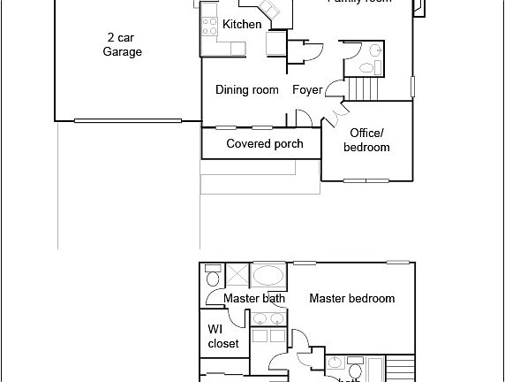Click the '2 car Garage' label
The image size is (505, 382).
[122, 44]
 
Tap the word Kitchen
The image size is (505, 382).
[241, 25]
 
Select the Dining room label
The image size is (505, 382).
[247, 89]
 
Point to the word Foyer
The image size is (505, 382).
[307, 89]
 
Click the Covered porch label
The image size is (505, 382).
[264, 143]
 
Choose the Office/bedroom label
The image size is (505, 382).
[366, 140]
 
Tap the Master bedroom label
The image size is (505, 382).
[351, 299]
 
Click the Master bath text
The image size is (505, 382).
[254, 299]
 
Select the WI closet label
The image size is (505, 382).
[222, 336]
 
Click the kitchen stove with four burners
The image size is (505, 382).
[210, 26]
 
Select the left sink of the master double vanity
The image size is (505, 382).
[260, 319]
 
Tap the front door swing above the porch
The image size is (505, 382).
[302, 118]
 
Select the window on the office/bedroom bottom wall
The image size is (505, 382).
[366, 180]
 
